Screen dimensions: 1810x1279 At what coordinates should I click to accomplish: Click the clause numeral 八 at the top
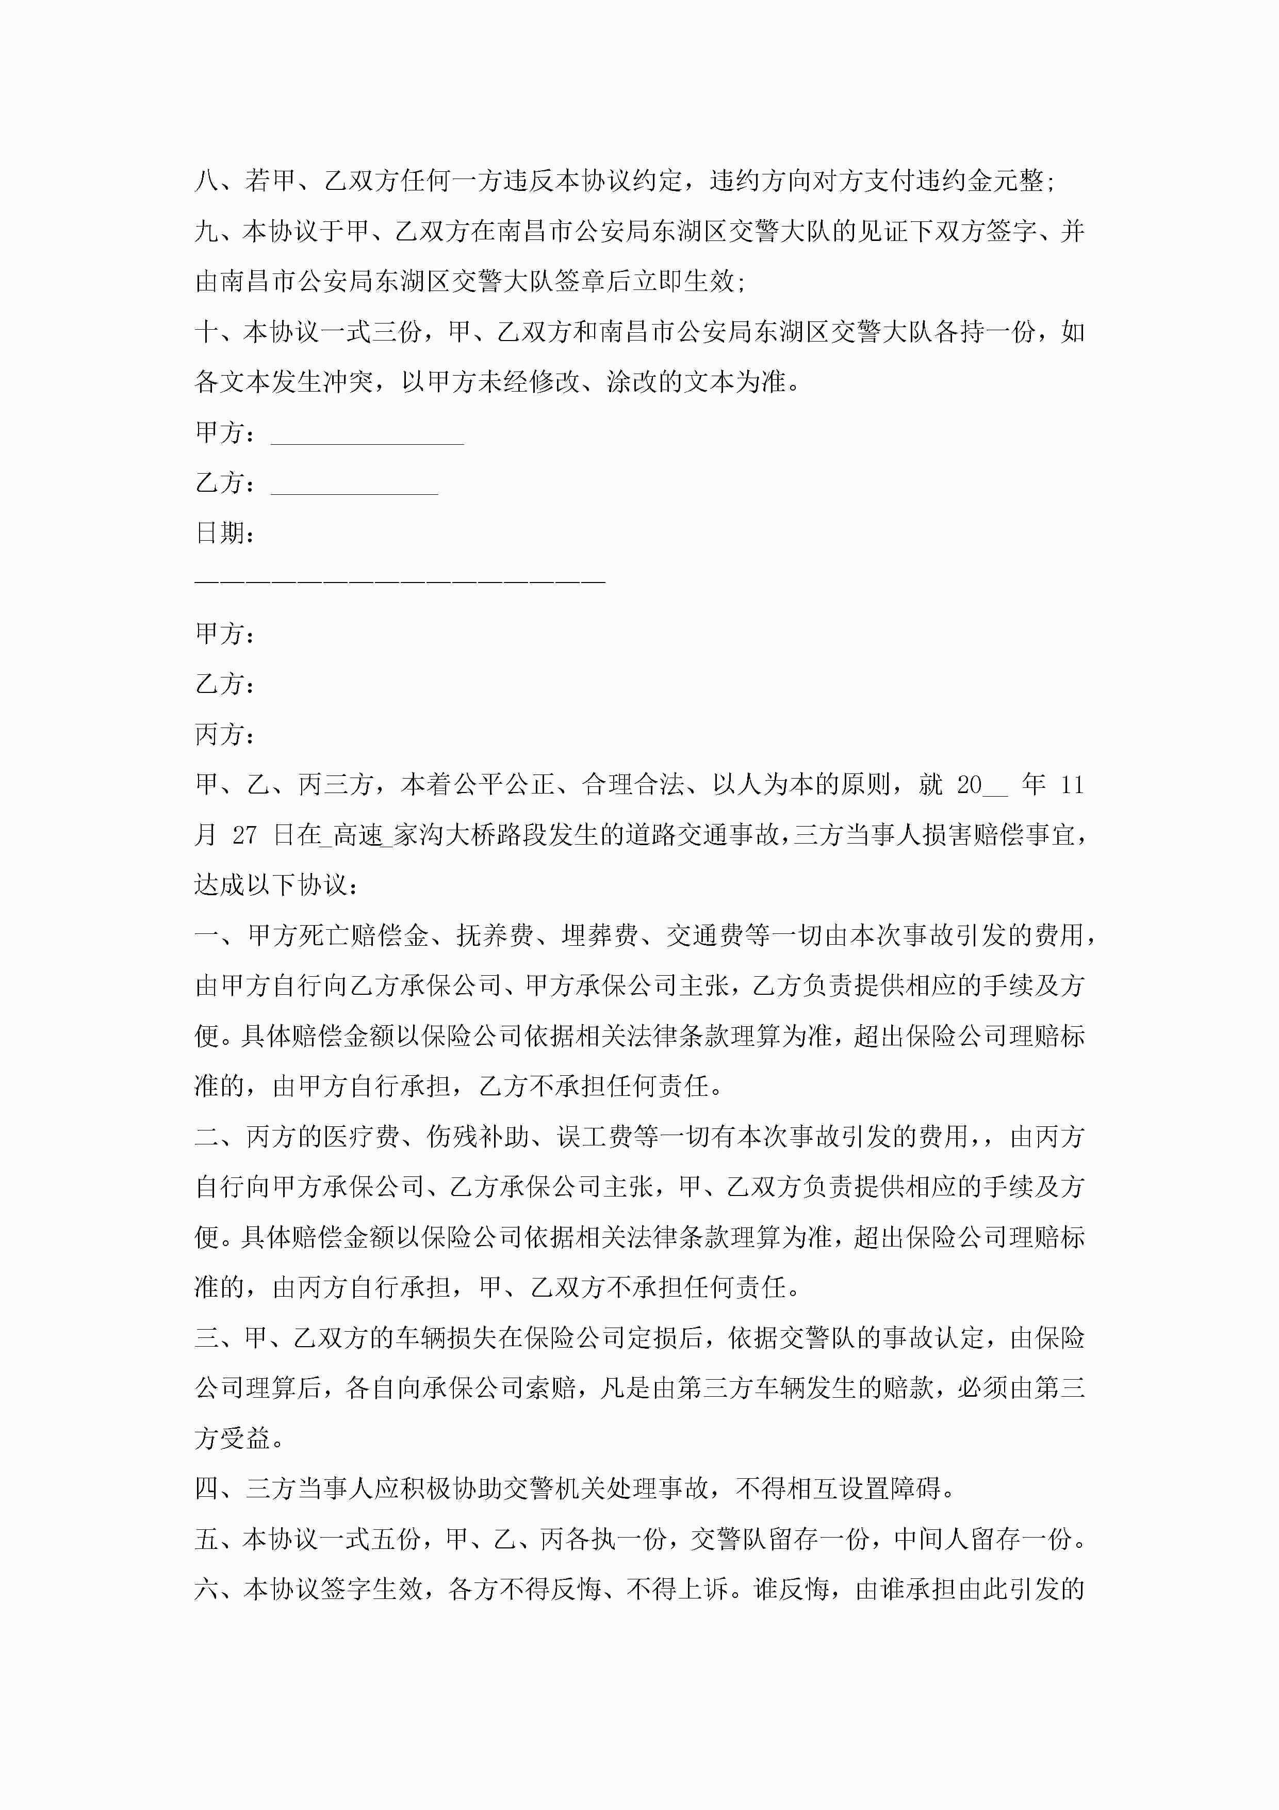tap(207, 181)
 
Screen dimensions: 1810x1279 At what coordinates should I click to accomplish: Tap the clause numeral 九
tap(207, 231)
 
